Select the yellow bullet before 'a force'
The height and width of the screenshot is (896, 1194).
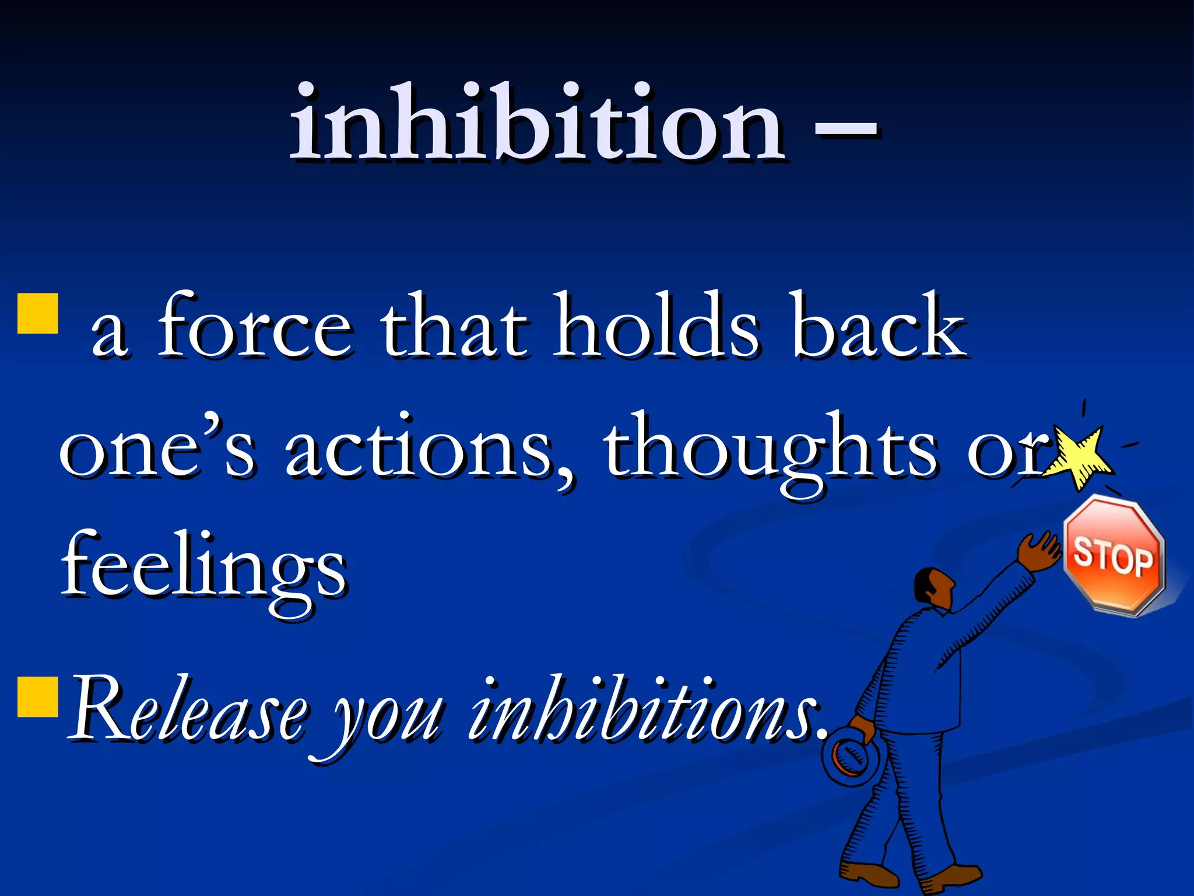point(38,313)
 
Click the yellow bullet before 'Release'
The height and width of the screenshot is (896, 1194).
point(38,696)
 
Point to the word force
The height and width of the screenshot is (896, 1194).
point(255,327)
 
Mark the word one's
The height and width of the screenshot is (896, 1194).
point(157,449)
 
